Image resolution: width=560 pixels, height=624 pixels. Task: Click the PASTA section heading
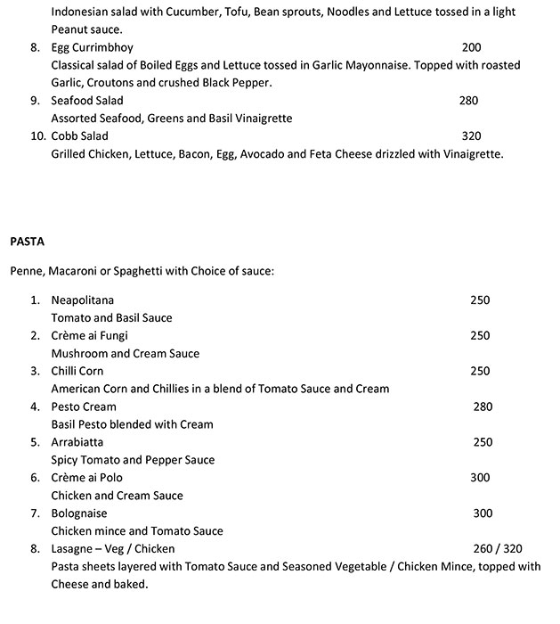pos(27,241)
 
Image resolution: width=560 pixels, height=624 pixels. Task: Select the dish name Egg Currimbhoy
pos(93,47)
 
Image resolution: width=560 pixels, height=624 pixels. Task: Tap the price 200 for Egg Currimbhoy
pos(471,47)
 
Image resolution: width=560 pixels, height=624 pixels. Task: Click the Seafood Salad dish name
pos(87,101)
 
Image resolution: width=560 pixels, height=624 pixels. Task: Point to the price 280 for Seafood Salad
pos(468,101)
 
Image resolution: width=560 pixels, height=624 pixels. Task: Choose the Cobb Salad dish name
pos(80,136)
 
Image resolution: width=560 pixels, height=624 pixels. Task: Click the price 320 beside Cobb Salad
pos(471,136)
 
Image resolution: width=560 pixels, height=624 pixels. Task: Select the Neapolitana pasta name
pos(83,300)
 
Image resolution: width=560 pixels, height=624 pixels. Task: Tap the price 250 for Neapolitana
pos(480,300)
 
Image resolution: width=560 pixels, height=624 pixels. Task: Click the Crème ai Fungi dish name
pos(90,336)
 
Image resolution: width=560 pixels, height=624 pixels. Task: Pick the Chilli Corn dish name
pos(77,372)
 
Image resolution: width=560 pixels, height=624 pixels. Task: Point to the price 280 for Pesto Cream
pos(483,407)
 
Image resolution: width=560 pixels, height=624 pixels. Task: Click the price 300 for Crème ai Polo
pos(480,478)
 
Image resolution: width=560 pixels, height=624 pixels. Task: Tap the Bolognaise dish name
pos(79,513)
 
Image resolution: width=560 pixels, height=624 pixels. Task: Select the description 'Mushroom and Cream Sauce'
pos(126,354)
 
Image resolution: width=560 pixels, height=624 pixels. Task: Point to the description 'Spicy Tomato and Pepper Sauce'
pos(133,460)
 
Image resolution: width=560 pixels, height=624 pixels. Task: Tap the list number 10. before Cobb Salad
pos(37,136)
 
